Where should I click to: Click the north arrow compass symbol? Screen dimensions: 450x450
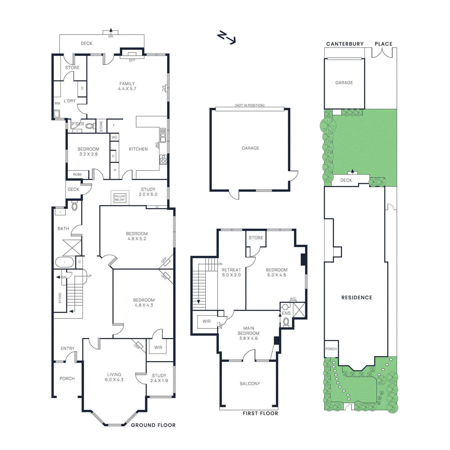coord(226,38)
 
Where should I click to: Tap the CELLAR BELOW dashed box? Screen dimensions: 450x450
coord(120,198)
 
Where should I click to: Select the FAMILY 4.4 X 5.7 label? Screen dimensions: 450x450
coord(127,86)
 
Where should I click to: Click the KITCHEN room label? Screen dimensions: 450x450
coord(138,149)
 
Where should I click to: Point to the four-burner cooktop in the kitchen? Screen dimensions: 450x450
coord(163,159)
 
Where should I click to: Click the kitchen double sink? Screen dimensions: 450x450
coord(163,135)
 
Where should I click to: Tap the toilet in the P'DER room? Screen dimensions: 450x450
coord(90,126)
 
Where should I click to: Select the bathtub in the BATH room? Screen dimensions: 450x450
coord(64,262)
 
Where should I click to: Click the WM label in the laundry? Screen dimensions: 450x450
coord(57,103)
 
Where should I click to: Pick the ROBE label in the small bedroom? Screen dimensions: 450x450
coord(77,175)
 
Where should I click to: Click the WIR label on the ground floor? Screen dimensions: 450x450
coord(158,347)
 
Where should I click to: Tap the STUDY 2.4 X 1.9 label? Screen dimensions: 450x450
coord(159,378)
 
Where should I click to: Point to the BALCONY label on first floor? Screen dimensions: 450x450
coord(250,384)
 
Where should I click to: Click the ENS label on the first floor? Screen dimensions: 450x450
coord(286,313)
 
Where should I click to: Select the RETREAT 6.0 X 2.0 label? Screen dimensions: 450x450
coord(231,272)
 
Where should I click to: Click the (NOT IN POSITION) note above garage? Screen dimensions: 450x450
coord(249,105)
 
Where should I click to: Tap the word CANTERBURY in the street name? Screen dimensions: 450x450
coord(345,44)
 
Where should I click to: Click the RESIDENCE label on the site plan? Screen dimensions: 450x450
coord(357,298)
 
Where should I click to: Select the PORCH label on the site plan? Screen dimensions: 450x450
coord(331,349)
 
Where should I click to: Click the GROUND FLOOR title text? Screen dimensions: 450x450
coord(153,425)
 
